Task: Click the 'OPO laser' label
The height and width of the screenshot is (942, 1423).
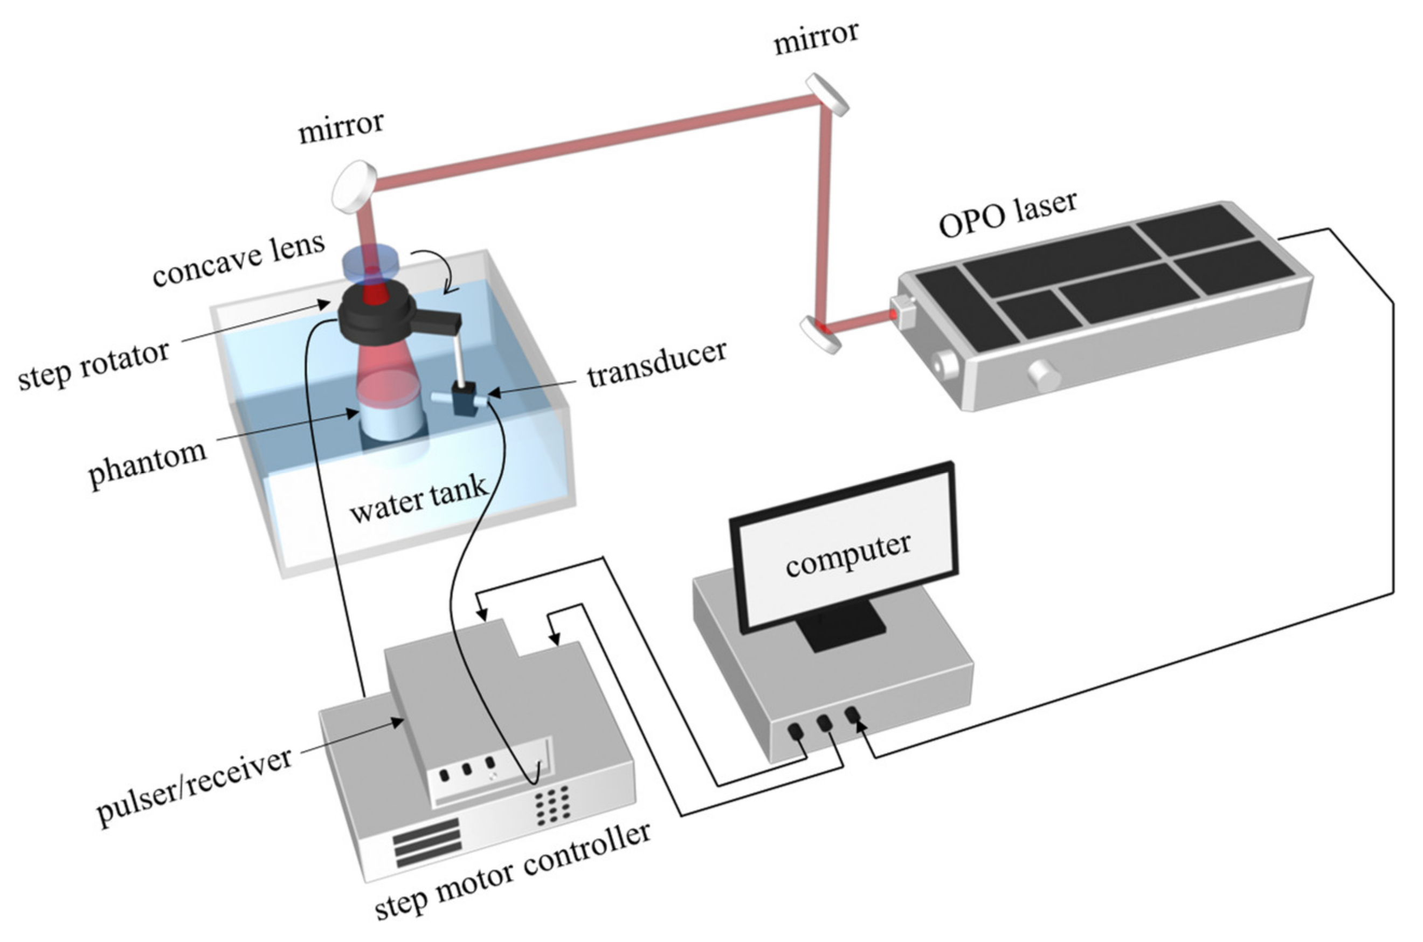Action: tap(1007, 214)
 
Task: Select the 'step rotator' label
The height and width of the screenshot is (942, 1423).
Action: tap(93, 365)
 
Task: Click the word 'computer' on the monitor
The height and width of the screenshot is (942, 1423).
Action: tap(847, 554)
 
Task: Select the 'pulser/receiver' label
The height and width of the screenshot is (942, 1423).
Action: tap(194, 785)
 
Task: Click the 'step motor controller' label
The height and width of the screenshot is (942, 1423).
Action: tap(512, 869)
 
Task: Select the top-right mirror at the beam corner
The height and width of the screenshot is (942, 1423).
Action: tap(827, 94)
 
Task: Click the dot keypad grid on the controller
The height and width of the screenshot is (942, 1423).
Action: tap(552, 805)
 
